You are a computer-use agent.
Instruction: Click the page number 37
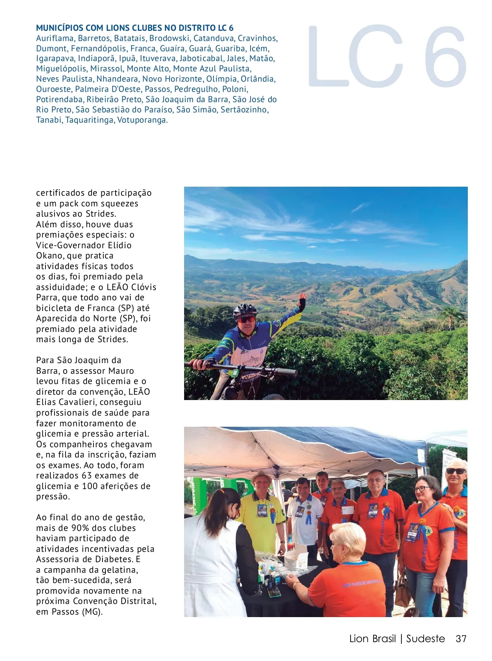click(x=461, y=639)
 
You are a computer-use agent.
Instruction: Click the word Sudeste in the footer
click(x=425, y=639)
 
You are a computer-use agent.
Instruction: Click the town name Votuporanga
click(x=142, y=120)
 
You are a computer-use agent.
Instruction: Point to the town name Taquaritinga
click(x=90, y=120)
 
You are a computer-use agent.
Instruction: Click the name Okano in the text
click(x=48, y=256)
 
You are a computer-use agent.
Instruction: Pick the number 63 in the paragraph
click(x=87, y=476)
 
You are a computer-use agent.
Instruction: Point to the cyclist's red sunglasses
click(x=246, y=319)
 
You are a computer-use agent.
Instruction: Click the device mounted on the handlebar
click(x=235, y=373)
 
